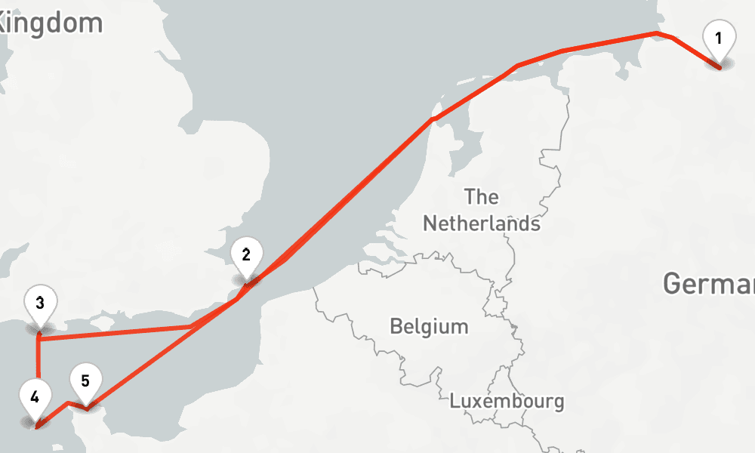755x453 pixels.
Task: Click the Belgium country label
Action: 429,327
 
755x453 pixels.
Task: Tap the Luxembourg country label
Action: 507,401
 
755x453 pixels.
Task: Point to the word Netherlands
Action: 481,223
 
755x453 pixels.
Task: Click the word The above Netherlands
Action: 481,197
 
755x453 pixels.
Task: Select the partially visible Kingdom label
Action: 50,23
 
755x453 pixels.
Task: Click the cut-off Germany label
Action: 708,284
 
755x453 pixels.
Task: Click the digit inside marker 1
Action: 719,37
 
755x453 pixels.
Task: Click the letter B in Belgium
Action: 396,327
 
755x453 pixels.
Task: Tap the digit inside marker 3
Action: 40,303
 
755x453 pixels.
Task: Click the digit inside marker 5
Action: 85,380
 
